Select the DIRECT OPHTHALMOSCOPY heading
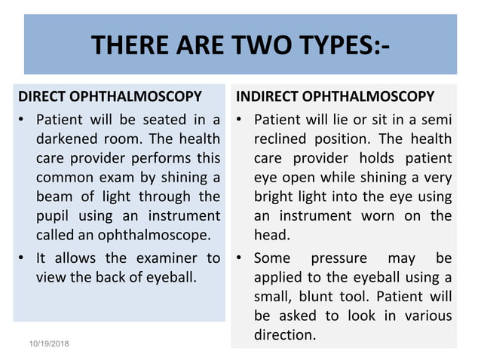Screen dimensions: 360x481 click(110, 97)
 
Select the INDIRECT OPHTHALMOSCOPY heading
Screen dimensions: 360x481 click(335, 97)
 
